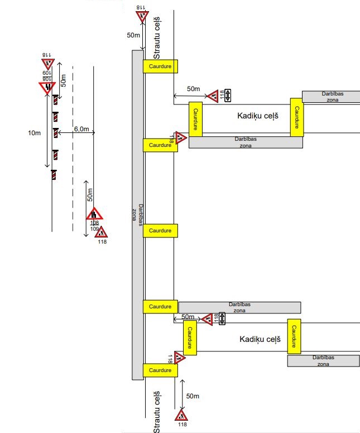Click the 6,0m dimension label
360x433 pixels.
pyautogui.click(x=81, y=129)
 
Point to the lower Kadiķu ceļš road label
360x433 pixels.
pyautogui.click(x=258, y=339)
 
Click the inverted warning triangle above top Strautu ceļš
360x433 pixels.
pyautogui.click(x=142, y=16)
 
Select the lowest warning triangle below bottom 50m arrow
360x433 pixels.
pyautogui.click(x=182, y=415)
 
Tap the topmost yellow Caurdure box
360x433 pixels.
pyautogui.click(x=160, y=66)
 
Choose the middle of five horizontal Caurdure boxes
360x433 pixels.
pyautogui.click(x=160, y=230)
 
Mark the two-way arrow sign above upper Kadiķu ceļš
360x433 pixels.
pyautogui.click(x=227, y=96)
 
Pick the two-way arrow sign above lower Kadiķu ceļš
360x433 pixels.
pyautogui.click(x=222, y=318)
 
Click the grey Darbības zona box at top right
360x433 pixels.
pyautogui.click(x=331, y=97)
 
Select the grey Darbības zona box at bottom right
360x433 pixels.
pyautogui.click(x=323, y=360)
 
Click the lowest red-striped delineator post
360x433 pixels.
pyautogui.click(x=54, y=175)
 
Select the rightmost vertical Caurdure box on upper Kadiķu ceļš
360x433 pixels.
pyautogui.click(x=297, y=117)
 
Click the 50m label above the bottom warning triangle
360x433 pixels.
pyautogui.click(x=193, y=396)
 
